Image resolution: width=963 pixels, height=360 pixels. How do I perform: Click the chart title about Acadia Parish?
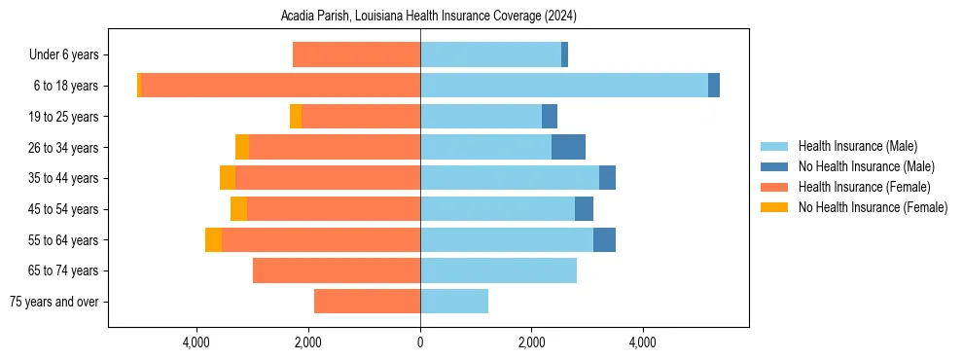point(428,17)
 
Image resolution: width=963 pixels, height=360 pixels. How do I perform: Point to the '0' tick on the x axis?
point(420,342)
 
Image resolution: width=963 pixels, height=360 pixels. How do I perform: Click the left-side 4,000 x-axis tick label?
point(197,342)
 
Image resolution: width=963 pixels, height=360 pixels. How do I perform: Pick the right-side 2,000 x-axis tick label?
point(531,342)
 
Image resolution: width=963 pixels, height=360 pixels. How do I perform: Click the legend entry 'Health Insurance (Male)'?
point(857,146)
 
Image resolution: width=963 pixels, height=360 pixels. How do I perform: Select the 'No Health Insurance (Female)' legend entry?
point(873,207)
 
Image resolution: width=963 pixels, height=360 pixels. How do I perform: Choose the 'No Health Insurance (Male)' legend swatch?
point(775,166)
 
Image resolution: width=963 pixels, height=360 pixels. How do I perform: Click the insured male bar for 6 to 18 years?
point(564,86)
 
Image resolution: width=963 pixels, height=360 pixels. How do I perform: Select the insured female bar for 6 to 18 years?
point(281,86)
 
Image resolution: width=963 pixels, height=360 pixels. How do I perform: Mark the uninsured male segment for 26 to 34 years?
point(568,147)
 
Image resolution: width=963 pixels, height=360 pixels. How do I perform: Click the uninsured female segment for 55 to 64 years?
point(213,239)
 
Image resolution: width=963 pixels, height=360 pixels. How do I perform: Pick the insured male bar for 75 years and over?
point(454,302)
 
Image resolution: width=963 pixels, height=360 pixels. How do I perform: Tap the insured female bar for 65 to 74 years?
point(337,270)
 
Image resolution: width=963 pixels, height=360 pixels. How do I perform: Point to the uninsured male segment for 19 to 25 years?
point(550,117)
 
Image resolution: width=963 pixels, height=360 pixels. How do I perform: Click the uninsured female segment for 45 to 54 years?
point(238,209)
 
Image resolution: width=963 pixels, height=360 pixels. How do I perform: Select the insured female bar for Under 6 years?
point(356,55)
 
